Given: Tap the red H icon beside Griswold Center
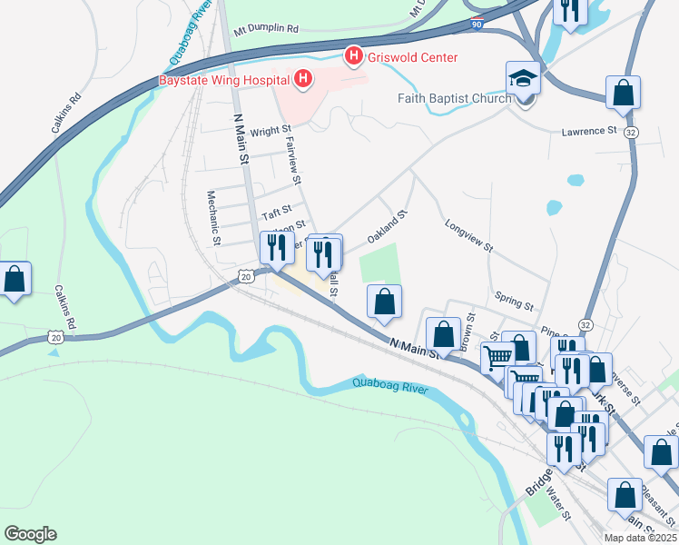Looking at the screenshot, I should (352, 56).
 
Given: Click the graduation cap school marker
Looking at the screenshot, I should (524, 79).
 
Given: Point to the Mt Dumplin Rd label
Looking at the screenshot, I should (266, 29).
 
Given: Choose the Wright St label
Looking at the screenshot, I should (270, 131).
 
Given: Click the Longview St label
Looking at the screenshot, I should (468, 234).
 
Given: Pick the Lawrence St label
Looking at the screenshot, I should (588, 132).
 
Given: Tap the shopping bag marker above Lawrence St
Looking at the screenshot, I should (623, 93).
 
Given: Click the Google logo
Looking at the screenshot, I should (30, 534).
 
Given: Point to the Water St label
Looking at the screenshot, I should (557, 507).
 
